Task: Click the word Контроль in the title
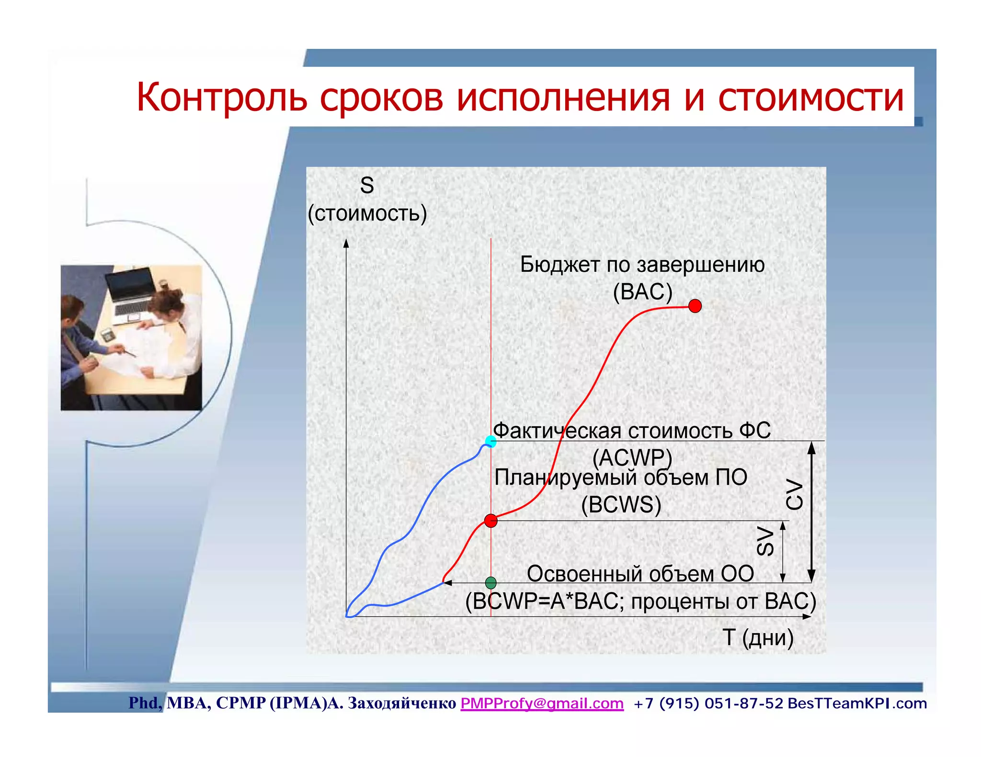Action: click(x=221, y=98)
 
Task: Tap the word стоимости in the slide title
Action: click(x=810, y=98)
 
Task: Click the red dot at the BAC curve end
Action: click(x=695, y=306)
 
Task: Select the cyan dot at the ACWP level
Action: click(x=490, y=441)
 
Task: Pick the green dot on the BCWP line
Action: click(x=490, y=582)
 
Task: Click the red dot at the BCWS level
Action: click(x=490, y=521)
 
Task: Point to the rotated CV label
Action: click(x=794, y=495)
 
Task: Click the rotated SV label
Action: click(x=765, y=541)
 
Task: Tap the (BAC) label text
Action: click(x=642, y=292)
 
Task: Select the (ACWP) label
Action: click(x=632, y=458)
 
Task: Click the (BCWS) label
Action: click(x=621, y=505)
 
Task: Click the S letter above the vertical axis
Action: click(x=367, y=186)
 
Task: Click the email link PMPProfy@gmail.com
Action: click(x=542, y=703)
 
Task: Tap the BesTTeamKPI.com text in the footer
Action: click(x=857, y=703)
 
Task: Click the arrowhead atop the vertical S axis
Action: click(x=346, y=243)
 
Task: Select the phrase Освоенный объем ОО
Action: click(x=640, y=574)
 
